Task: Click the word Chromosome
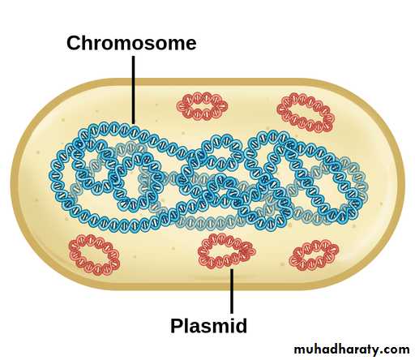131,43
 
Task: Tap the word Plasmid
208,325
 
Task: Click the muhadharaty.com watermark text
352,349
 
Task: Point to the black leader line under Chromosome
133,90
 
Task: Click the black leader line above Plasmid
232,291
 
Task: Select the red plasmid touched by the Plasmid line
226,251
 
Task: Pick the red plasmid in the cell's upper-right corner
306,112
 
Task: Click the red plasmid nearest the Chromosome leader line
202,105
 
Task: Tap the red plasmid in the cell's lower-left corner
94,255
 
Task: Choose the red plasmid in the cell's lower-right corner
314,255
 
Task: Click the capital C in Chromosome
74,43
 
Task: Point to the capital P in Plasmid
177,326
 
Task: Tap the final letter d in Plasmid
240,325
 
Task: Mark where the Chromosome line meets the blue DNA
133,124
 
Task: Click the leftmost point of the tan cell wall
12,184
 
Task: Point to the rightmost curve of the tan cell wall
404,184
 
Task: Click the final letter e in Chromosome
190,45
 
